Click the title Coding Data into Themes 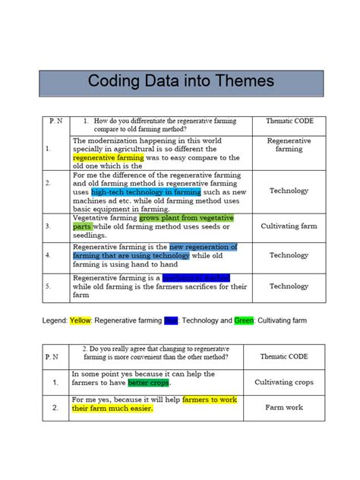180,81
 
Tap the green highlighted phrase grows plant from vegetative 186,217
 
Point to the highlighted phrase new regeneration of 203,247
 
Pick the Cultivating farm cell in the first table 289,226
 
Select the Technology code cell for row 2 289,191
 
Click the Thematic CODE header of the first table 289,122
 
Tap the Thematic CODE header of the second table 283,355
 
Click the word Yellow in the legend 80,321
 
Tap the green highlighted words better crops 148,383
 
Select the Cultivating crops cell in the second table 283,382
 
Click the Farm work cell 283,407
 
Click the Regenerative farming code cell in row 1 289,145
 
